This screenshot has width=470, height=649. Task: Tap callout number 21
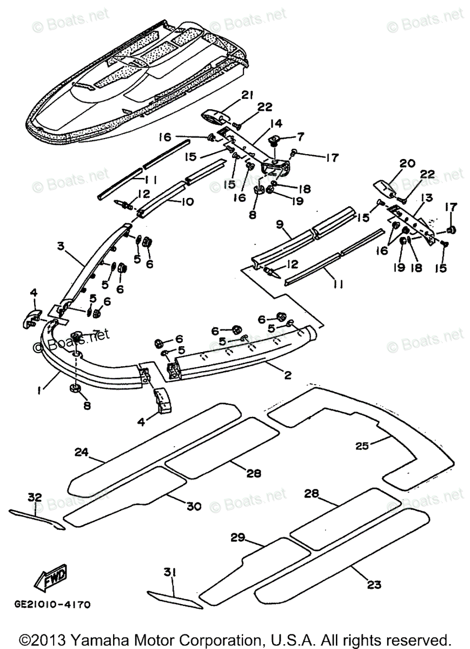pos(247,95)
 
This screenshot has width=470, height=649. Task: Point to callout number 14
pos(277,124)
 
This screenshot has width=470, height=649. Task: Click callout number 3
pos(61,246)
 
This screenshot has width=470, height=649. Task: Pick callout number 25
pos(363,454)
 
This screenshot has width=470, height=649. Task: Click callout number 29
pos(238,538)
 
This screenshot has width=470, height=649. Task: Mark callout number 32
pos(35,497)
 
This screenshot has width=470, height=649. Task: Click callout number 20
pos(407,164)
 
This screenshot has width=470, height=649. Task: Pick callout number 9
pos(280,225)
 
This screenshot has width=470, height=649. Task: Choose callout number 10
pos(187,201)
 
